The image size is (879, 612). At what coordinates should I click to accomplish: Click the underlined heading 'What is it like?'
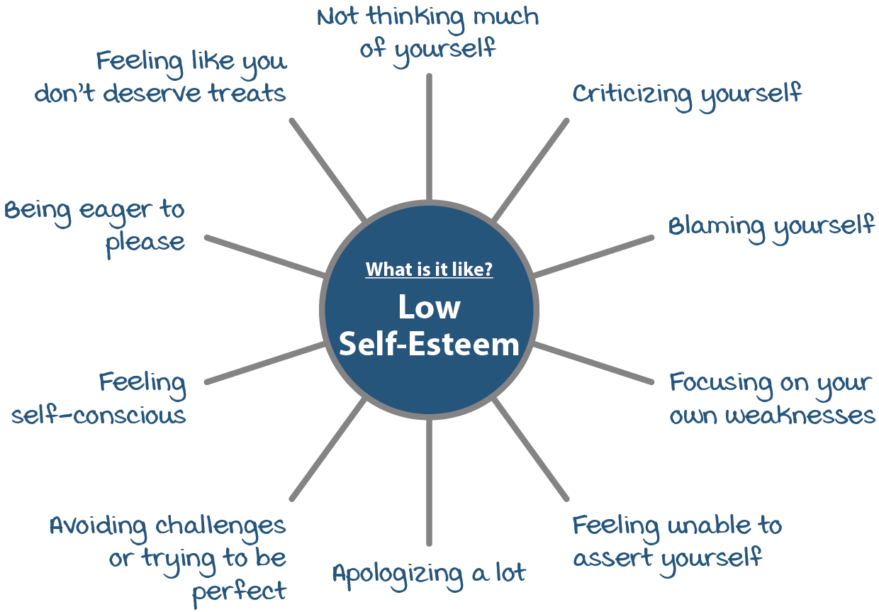pos(429,270)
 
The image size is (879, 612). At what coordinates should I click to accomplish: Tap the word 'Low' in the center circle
pos(429,307)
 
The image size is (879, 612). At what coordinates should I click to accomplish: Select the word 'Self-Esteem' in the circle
pos(429,345)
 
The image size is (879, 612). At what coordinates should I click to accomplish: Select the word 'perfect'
pos(240,591)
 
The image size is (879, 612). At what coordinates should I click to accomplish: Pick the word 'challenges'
pos(220,526)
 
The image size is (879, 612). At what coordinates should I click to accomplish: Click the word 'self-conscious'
pos(99,415)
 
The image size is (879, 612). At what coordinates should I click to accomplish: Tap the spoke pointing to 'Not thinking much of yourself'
pos(429,135)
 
